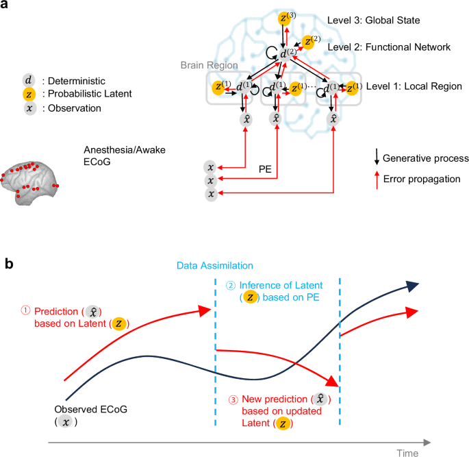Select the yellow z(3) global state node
[x=284, y=18]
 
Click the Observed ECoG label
[x=84, y=410]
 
